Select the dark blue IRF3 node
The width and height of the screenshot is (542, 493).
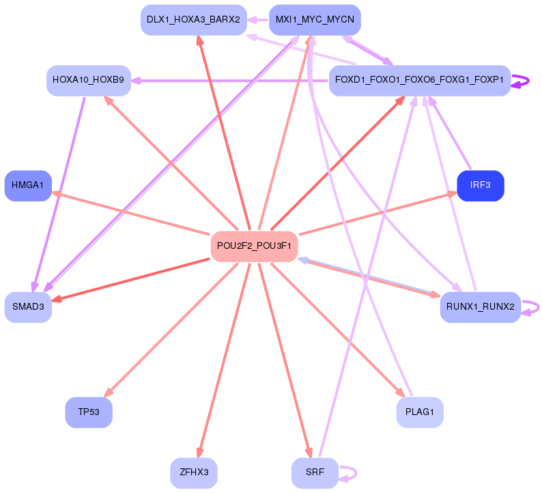(480, 186)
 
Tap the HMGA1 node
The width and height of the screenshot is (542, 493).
(28, 185)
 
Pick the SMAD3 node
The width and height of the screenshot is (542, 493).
(28, 307)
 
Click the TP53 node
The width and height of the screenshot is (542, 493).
(89, 412)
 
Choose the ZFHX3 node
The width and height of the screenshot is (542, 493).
(193, 472)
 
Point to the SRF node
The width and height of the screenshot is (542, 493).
(315, 472)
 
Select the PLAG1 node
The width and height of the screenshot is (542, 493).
(420, 412)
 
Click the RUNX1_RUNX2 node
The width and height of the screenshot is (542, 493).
(481, 307)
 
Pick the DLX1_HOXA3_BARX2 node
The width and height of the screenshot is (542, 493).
(193, 20)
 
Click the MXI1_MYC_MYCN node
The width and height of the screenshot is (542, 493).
(315, 20)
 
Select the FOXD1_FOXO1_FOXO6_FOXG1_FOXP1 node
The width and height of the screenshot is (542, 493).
(420, 80)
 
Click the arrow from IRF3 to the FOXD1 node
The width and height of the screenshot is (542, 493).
(451, 133)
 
